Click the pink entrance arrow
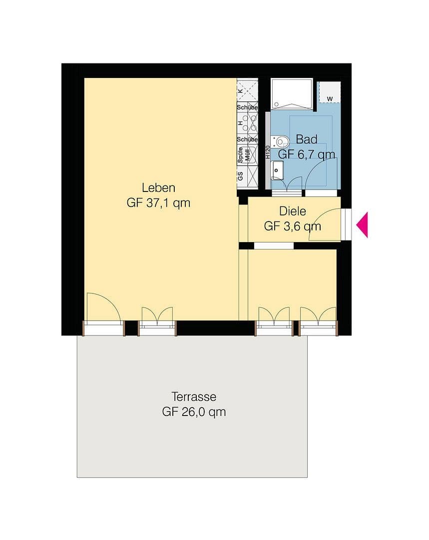click(x=362, y=224)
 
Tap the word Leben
click(x=158, y=188)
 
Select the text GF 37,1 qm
click(x=158, y=203)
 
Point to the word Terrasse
click(x=194, y=396)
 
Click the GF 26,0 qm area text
click(x=194, y=412)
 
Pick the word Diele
click(x=292, y=211)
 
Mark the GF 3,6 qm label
click(x=292, y=226)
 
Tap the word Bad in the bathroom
click(x=306, y=139)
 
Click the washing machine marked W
click(x=330, y=92)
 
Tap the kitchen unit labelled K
click(x=247, y=90)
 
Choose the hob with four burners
click(x=248, y=123)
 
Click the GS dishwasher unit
click(x=247, y=176)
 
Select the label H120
click(x=268, y=151)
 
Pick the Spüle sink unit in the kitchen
click(x=248, y=155)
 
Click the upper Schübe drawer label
click(x=247, y=107)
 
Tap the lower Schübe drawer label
click(x=247, y=139)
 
